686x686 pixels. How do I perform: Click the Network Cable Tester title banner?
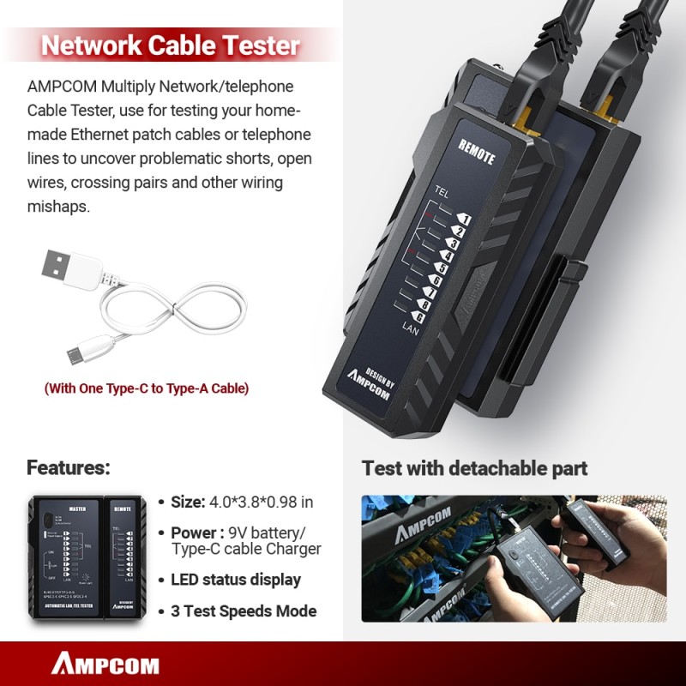tap(171, 45)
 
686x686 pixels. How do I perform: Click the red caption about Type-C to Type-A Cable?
tap(147, 388)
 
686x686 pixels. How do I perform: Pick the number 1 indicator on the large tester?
tap(465, 219)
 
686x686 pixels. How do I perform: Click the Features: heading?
tap(69, 468)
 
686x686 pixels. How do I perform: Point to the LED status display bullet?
tap(236, 580)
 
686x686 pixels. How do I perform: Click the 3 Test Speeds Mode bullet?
tap(244, 611)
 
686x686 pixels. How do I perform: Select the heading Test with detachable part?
tap(474, 468)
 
